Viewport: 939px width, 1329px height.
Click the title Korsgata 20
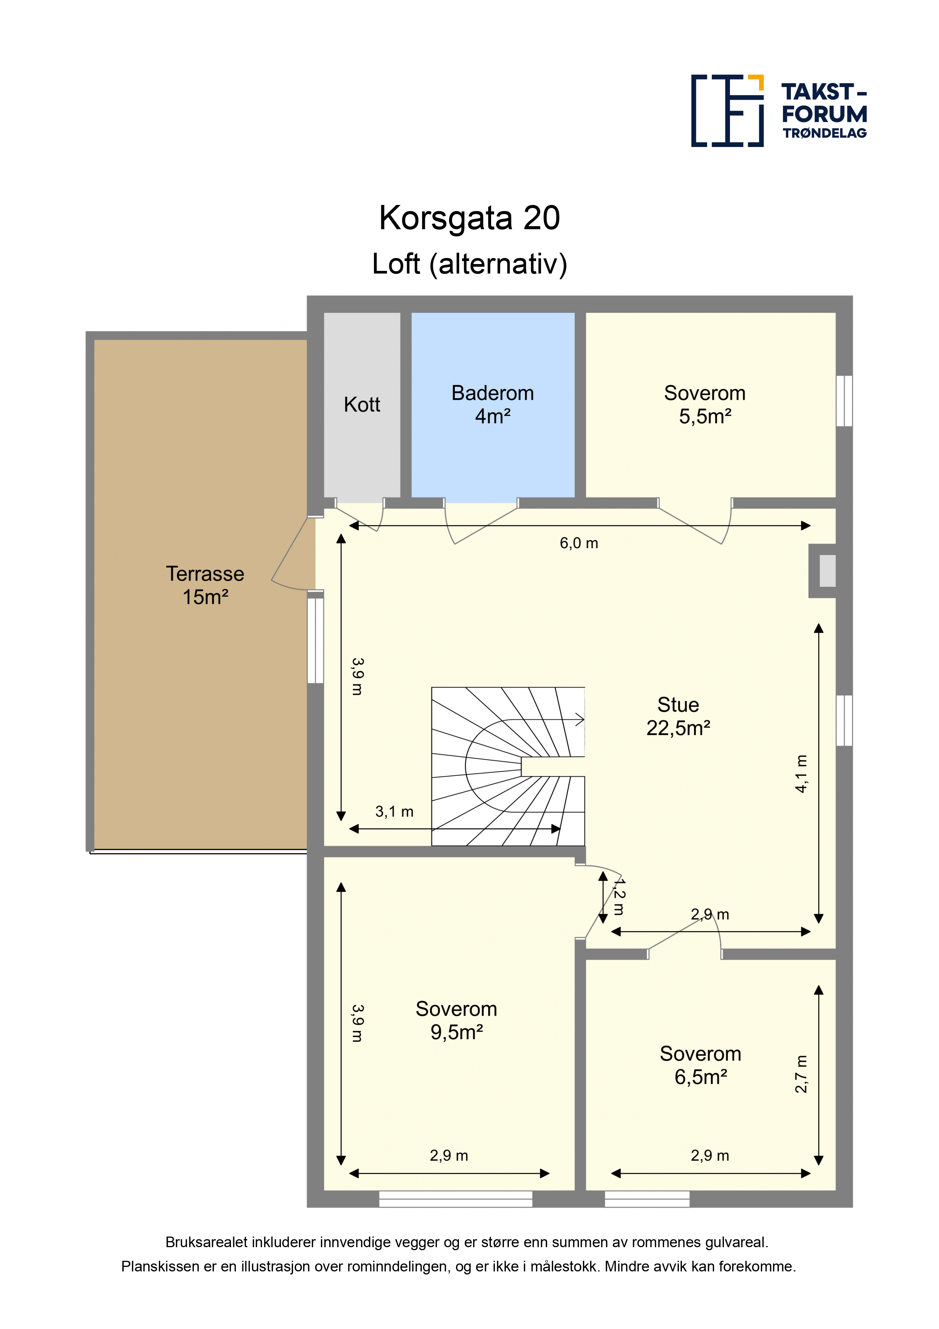469,218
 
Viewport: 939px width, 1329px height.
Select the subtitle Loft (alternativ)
469,264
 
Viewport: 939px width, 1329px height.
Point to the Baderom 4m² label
492,405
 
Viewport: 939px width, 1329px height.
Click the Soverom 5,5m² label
705,405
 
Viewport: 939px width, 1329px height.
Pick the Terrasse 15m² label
205,585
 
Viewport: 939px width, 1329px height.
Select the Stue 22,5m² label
678,716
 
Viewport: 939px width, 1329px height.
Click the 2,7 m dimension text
801,1074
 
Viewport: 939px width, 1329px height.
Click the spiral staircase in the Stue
508,766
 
